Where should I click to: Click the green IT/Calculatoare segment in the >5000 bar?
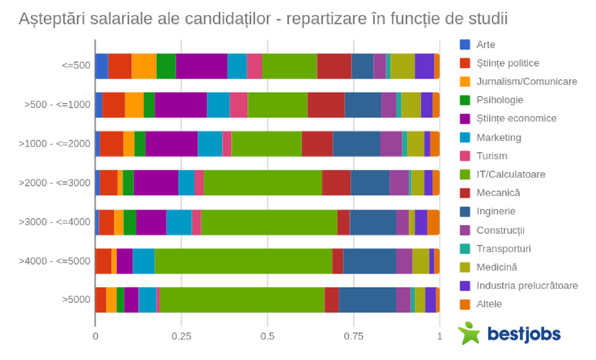[242, 300]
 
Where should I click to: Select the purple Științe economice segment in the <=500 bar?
[201, 66]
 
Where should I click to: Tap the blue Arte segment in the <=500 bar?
[101, 66]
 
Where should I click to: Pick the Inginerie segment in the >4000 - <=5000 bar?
[369, 260]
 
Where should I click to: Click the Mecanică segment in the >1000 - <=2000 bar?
[317, 144]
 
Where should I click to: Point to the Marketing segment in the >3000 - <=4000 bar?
[179, 222]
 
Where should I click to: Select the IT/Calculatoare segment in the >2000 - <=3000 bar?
[262, 183]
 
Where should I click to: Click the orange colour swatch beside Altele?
[465, 304]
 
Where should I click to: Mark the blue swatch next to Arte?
[465, 45]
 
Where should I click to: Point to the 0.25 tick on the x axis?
[181, 337]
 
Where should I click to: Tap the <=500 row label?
[75, 66]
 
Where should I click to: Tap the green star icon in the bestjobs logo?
[470, 333]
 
